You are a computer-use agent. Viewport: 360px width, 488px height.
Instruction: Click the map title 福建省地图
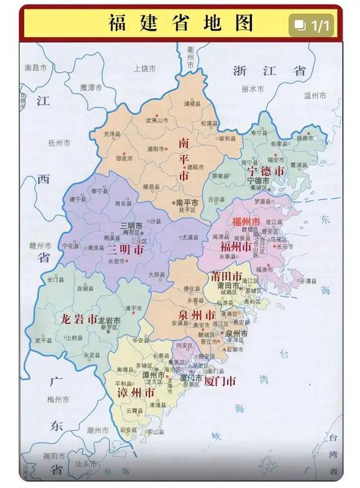pos(181,24)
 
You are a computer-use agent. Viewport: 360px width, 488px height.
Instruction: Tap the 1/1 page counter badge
pos(314,25)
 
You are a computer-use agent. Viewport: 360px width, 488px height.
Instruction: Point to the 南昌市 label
pos(36,67)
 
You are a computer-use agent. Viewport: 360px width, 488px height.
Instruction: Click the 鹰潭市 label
pos(91,88)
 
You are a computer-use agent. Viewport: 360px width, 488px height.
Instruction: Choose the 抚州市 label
pos(60,143)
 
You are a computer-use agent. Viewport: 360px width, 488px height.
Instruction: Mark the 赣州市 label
pos(42,245)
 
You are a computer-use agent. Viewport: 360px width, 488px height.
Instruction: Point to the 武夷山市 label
pos(157,120)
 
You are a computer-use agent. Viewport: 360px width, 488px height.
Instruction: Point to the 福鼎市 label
pos(305,137)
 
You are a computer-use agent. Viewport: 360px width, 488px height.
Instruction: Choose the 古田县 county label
pos(216,200)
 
